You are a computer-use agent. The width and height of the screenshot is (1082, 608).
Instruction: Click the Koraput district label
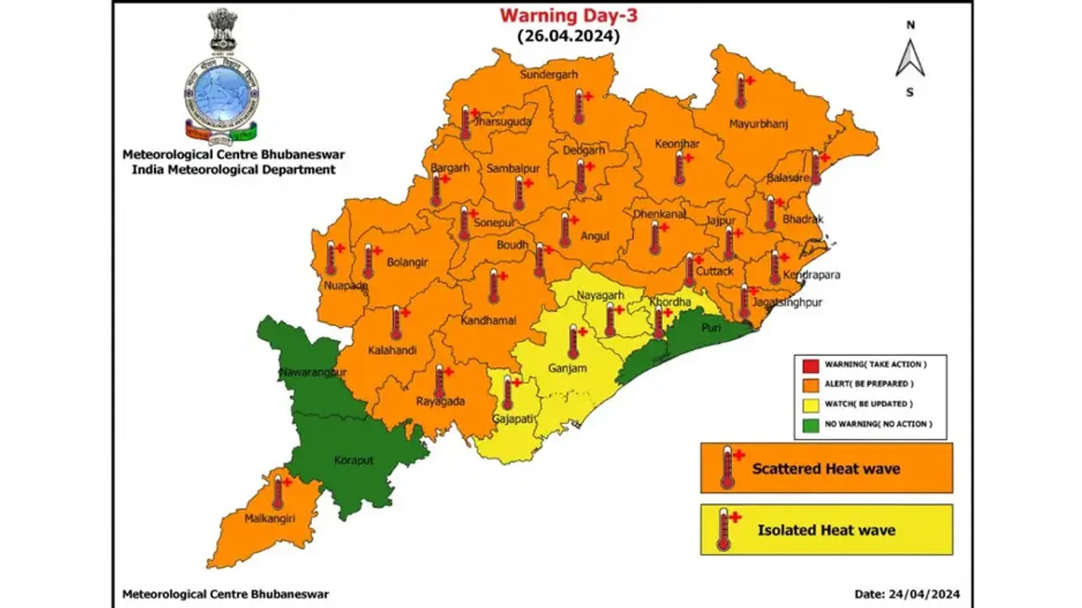352,461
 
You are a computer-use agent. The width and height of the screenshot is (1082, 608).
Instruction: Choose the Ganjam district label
567,369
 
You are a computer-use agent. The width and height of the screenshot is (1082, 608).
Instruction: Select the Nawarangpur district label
314,372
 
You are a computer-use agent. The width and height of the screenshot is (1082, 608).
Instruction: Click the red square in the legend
810,365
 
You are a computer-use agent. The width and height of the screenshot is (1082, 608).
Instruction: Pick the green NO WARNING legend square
810,424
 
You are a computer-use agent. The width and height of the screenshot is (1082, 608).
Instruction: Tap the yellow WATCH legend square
810,404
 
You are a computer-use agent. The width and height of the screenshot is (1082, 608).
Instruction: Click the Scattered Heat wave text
826,468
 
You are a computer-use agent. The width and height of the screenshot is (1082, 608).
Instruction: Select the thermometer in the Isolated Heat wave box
724,531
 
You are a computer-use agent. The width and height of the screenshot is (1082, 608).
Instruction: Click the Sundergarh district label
548,74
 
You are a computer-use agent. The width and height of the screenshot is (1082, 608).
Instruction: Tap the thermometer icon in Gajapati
507,393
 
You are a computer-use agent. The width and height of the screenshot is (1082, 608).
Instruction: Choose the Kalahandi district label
392,350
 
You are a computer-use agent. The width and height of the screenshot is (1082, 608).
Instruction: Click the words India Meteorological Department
233,169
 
